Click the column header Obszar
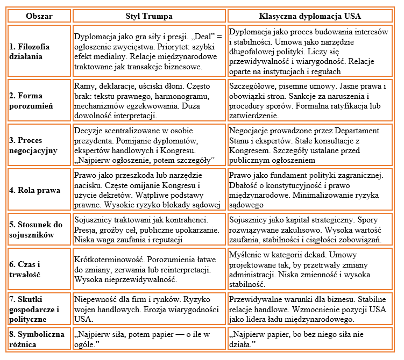coord(39,16)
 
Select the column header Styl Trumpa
coord(149,16)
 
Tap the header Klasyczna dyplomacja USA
coord(310,16)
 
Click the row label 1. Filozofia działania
coord(30,52)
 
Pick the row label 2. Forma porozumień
coord(32,101)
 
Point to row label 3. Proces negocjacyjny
coord(33,145)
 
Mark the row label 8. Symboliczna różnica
coord(32,339)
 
